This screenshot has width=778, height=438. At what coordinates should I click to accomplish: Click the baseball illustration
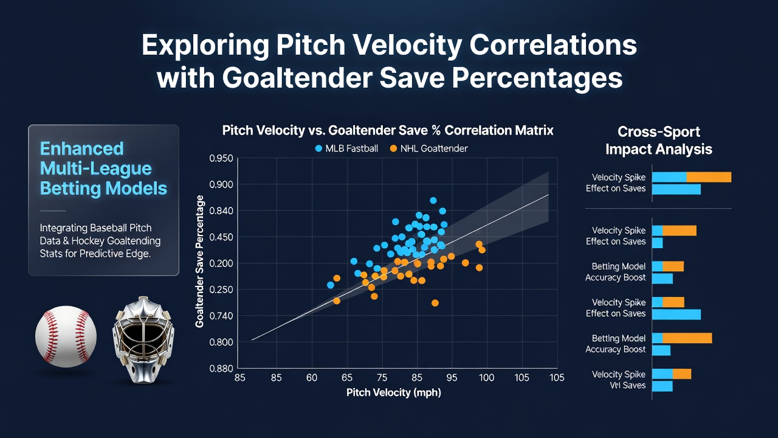coord(66,336)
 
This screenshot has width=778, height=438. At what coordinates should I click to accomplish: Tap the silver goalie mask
coord(143,339)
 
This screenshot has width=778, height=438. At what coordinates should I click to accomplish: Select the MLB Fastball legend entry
coord(346,149)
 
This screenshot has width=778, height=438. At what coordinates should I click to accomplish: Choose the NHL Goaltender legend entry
coord(429,149)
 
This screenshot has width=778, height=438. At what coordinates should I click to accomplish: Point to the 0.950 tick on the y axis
coord(221,159)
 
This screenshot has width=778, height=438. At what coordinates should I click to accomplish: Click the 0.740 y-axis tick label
coord(221,316)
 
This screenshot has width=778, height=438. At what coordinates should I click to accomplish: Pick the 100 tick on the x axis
coord(487,378)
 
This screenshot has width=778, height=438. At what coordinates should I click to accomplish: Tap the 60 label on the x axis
coord(312,378)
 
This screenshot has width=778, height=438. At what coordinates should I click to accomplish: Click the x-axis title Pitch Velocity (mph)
coord(394,393)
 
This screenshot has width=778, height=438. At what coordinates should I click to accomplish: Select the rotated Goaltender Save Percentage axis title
coord(199,262)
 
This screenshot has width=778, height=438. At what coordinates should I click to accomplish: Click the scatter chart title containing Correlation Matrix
coord(388,130)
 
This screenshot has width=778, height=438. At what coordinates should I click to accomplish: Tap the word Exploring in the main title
coord(205,46)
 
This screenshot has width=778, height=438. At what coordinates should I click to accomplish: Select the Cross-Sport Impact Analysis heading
coord(659,141)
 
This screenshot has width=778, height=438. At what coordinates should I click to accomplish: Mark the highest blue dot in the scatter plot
coord(433,200)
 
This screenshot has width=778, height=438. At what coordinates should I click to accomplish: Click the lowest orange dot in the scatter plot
coord(435,303)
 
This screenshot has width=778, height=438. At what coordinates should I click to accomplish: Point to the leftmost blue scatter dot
coord(331,285)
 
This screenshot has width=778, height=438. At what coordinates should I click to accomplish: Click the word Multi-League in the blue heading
coord(96,169)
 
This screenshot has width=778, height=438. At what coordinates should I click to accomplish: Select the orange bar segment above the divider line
coord(709,177)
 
